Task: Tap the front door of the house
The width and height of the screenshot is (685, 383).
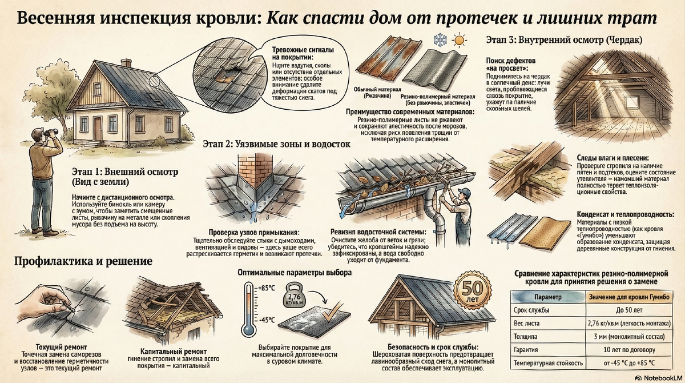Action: click(98, 128)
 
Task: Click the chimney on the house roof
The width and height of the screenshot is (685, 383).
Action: click(126, 62)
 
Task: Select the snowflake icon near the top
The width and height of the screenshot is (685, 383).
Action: click(440, 41)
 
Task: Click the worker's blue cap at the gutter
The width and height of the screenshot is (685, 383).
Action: click(464, 192)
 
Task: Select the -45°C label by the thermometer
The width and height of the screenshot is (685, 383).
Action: click(266, 320)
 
